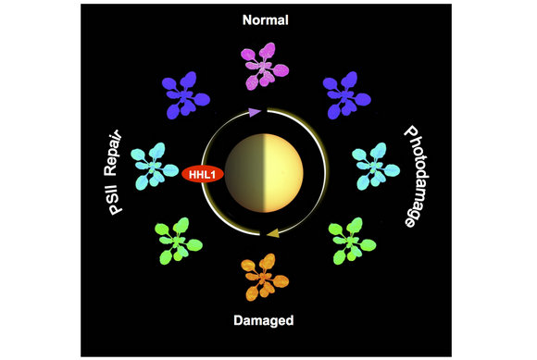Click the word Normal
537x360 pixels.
click(x=266, y=20)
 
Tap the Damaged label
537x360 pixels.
click(x=264, y=320)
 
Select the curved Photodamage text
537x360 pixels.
click(x=417, y=176)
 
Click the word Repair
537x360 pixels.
click(x=113, y=153)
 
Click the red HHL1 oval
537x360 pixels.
click(x=203, y=174)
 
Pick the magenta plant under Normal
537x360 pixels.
click(x=265, y=66)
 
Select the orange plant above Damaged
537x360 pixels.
click(x=265, y=278)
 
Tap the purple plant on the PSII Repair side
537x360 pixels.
click(x=185, y=95)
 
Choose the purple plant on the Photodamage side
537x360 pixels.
click(x=346, y=95)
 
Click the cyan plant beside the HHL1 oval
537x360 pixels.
click(x=155, y=167)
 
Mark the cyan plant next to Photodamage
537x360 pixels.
click(x=376, y=167)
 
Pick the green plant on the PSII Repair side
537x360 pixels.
click(x=179, y=241)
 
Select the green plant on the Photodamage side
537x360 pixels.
click(x=352, y=241)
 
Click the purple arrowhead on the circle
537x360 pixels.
click(x=254, y=112)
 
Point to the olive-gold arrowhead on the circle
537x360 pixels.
click(x=273, y=234)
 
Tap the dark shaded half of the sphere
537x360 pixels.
click(x=244, y=173)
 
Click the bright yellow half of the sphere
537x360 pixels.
click(x=283, y=173)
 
